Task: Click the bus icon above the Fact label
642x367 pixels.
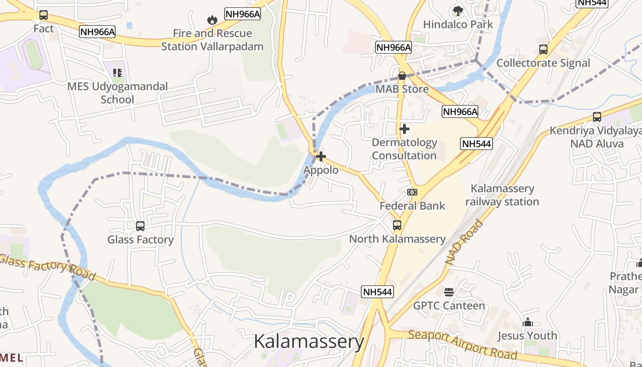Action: pyautogui.click(x=44, y=15)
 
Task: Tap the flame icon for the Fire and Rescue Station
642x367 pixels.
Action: pyautogui.click(x=212, y=20)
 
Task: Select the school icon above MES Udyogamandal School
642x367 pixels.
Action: pyautogui.click(x=118, y=72)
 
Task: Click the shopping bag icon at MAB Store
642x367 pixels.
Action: pyautogui.click(x=402, y=76)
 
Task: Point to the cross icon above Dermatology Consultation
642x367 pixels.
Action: pyautogui.click(x=404, y=129)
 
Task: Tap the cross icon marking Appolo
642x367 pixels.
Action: pyautogui.click(x=321, y=156)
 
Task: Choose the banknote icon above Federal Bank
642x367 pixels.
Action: pyautogui.click(x=412, y=192)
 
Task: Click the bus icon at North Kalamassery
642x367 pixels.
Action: pyautogui.click(x=397, y=225)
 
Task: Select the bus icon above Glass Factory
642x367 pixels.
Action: pyautogui.click(x=140, y=226)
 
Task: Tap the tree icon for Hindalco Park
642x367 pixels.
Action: pyautogui.click(x=458, y=11)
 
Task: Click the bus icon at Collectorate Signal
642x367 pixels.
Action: pyautogui.click(x=543, y=50)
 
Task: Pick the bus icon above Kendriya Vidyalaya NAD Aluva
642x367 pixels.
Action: pyautogui.click(x=597, y=117)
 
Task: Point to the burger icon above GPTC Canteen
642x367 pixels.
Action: pyautogui.click(x=449, y=292)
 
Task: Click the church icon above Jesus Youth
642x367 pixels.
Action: pyautogui.click(x=527, y=322)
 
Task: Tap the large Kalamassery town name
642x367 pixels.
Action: pyautogui.click(x=309, y=342)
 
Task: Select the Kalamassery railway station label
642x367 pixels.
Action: pyautogui.click(x=502, y=195)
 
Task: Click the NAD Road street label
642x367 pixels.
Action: pyautogui.click(x=464, y=242)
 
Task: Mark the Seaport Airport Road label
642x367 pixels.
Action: pyautogui.click(x=463, y=344)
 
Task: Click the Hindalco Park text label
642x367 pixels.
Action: pyautogui.click(x=458, y=24)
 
